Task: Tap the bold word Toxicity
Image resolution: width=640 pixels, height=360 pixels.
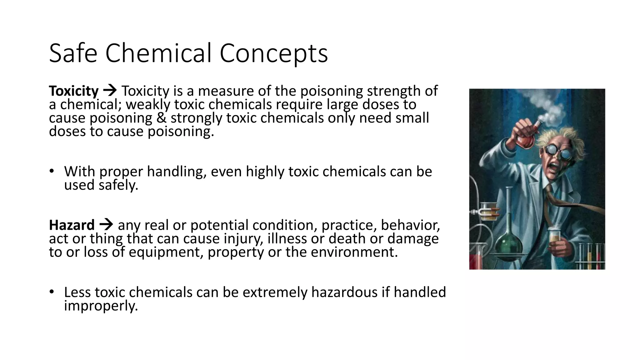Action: pyautogui.click(x=74, y=91)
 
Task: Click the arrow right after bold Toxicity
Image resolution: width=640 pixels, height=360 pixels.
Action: pyautogui.click(x=110, y=91)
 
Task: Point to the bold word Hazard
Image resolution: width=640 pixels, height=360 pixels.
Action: pyautogui.click(x=72, y=225)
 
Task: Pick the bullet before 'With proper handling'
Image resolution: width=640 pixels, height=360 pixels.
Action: pyautogui.click(x=52, y=171)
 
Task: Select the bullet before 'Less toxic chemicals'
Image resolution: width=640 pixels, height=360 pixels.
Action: pyautogui.click(x=52, y=292)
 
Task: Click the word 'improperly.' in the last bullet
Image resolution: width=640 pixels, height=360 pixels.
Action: pyautogui.click(x=101, y=306)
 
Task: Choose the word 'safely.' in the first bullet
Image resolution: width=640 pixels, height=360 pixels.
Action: pyautogui.click(x=118, y=185)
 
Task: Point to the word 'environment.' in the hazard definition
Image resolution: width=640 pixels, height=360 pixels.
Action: pyautogui.click(x=354, y=252)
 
